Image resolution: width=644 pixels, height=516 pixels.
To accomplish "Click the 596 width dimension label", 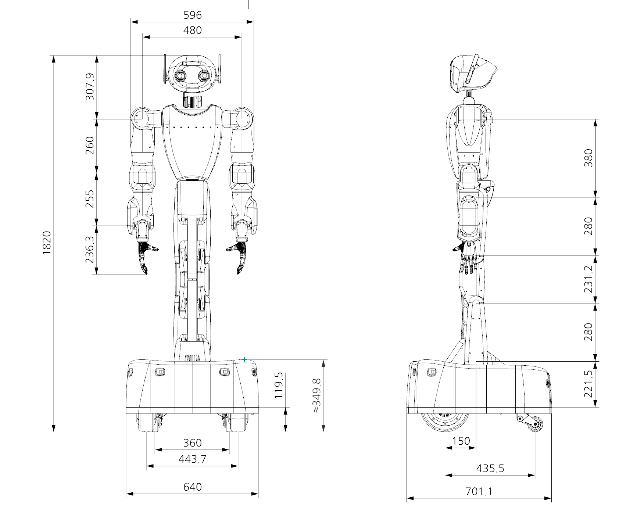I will click(x=192, y=15).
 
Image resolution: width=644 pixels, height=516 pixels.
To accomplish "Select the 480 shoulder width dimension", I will click(x=192, y=30).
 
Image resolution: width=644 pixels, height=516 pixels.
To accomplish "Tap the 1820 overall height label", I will click(x=47, y=243).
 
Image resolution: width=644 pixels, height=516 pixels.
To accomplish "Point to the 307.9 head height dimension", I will click(x=90, y=87).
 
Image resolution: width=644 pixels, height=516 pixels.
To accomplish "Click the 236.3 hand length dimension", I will click(x=90, y=250).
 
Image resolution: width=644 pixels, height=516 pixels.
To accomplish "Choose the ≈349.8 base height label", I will click(x=316, y=396).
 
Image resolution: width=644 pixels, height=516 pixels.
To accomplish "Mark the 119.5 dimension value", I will click(x=279, y=386).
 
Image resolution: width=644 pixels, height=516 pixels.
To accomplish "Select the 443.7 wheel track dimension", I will click(x=192, y=459).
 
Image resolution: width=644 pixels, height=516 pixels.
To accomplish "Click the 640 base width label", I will click(x=192, y=487).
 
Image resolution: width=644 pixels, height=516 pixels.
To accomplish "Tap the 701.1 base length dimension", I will click(x=479, y=491).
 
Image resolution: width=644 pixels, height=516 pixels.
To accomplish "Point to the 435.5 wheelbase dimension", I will click(x=490, y=469).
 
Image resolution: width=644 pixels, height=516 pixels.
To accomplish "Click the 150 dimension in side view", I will click(x=461, y=441).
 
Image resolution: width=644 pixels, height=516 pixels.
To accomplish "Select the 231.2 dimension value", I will click(x=588, y=279).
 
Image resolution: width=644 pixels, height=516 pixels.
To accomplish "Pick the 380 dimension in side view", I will click(x=588, y=158).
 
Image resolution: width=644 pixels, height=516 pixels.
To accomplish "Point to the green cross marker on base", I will click(x=244, y=359).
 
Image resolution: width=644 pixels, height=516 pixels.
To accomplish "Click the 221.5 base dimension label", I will click(x=588, y=384).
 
